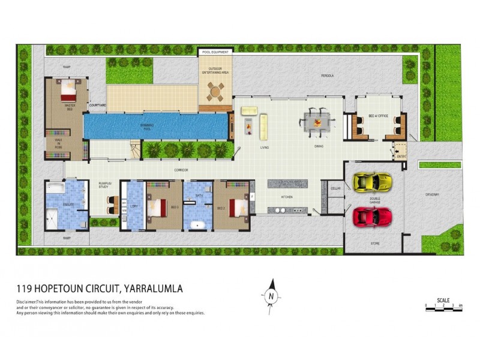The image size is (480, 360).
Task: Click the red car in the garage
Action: (373, 216)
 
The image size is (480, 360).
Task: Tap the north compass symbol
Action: (271, 294)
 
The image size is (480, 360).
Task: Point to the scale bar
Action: (443, 306)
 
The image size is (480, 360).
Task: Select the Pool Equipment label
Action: (215, 53)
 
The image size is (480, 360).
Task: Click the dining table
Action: (316, 122)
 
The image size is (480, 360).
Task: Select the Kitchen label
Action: (287, 197)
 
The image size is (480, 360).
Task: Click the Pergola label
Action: (327, 76)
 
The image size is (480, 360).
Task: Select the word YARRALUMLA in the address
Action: (153, 289)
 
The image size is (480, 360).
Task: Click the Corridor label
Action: (181, 170)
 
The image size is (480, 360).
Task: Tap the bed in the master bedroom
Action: (68, 92)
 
